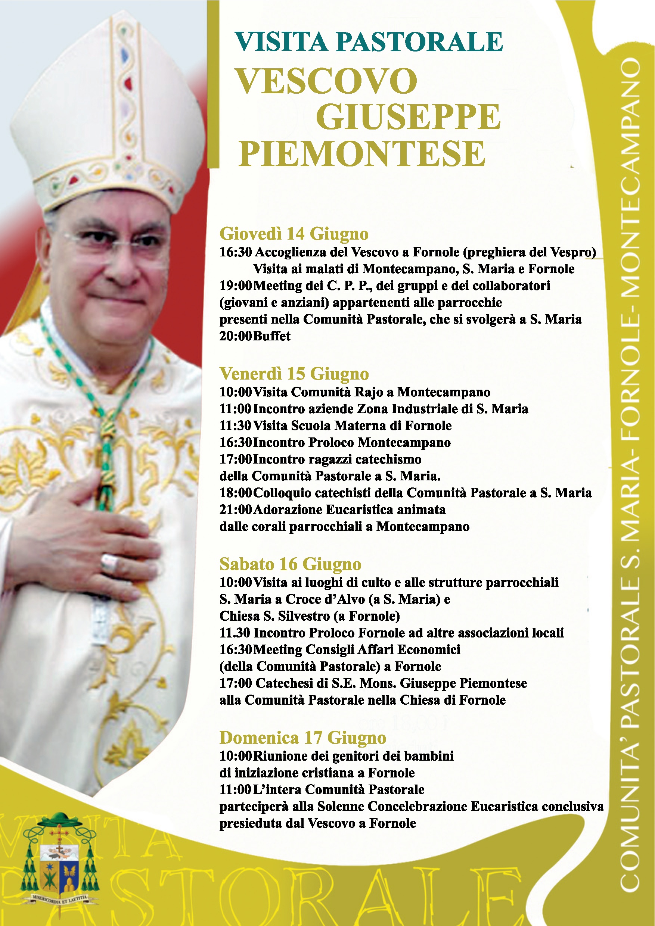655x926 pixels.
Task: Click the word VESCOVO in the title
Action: pyautogui.click(x=326, y=81)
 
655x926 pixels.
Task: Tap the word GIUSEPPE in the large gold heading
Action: pyautogui.click(x=408, y=117)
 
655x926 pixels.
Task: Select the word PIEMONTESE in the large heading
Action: pyautogui.click(x=362, y=154)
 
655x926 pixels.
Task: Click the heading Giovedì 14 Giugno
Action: pyautogui.click(x=294, y=234)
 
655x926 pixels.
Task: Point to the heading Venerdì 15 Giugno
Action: pyautogui.click(x=294, y=374)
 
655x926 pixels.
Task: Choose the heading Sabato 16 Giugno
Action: pyautogui.click(x=290, y=564)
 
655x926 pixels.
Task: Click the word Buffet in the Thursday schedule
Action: pyautogui.click(x=271, y=336)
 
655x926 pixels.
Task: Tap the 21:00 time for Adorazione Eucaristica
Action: pyautogui.click(x=235, y=510)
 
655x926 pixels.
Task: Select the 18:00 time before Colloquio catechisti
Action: pyautogui.click(x=235, y=493)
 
